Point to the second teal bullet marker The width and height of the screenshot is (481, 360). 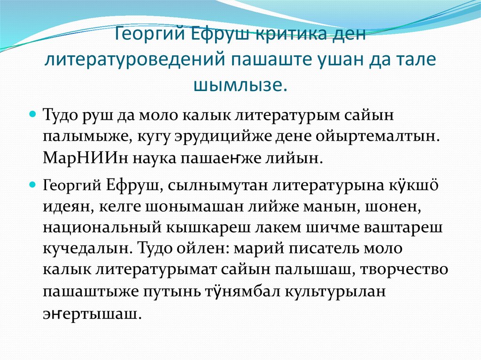click(33, 185)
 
